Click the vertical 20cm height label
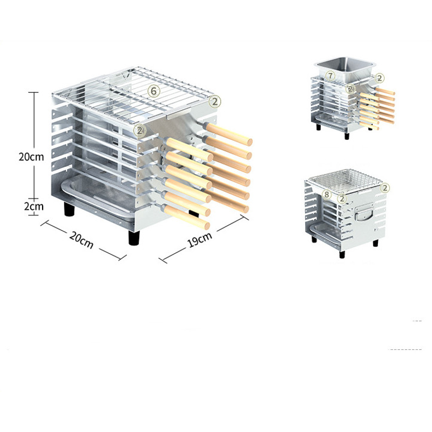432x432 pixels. (31, 157)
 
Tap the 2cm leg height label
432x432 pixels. (34, 206)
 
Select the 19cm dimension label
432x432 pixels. (200, 239)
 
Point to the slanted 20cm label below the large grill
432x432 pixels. (82, 239)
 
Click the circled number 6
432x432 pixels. (154, 91)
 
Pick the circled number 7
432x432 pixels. (330, 76)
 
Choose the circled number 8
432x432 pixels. (327, 194)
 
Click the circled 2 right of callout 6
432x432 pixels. (215, 102)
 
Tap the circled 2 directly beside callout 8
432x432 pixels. (342, 198)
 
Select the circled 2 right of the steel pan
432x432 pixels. (380, 78)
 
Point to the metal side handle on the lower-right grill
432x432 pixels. (364, 213)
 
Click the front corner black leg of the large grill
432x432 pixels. (134, 238)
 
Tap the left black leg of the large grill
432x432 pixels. (69, 210)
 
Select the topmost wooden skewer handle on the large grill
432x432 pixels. (228, 134)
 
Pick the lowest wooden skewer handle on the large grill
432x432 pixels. (186, 217)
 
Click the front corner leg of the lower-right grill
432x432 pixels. (342, 254)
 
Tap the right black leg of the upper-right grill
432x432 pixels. (347, 136)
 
